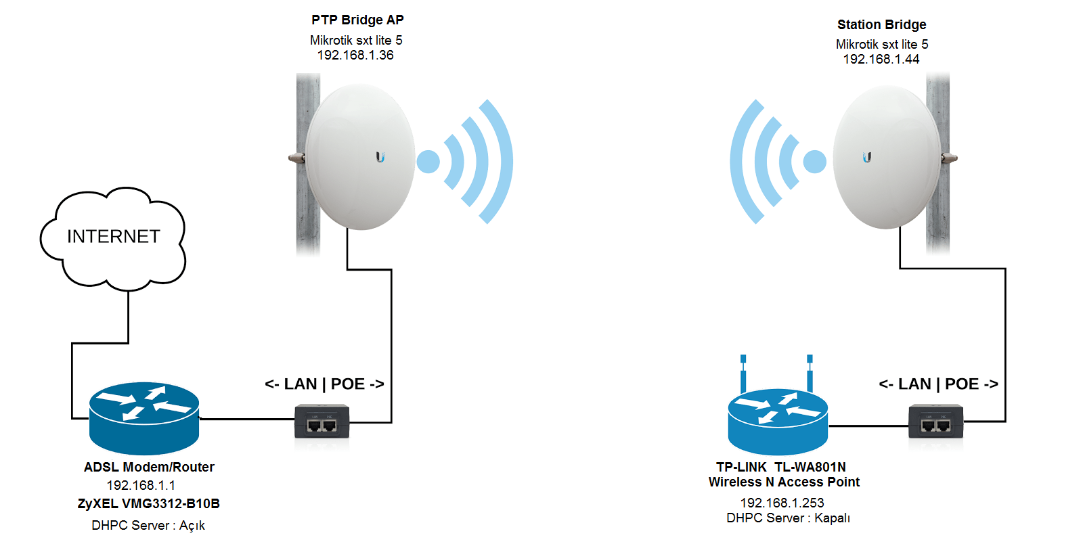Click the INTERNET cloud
tap(113, 237)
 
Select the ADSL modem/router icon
tap(144, 418)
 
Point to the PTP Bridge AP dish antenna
tap(360, 157)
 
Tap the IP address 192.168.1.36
tap(355, 55)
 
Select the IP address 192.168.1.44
tap(881, 60)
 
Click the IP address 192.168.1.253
tap(782, 503)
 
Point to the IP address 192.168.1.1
tap(141, 485)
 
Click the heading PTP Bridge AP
tap(357, 20)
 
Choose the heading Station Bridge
tap(881, 25)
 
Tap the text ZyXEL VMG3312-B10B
tap(149, 503)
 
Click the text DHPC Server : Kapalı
tap(788, 518)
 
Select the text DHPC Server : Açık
tap(148, 526)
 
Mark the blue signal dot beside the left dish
tap(428, 162)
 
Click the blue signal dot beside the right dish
tap(814, 162)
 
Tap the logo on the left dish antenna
tap(380, 157)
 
